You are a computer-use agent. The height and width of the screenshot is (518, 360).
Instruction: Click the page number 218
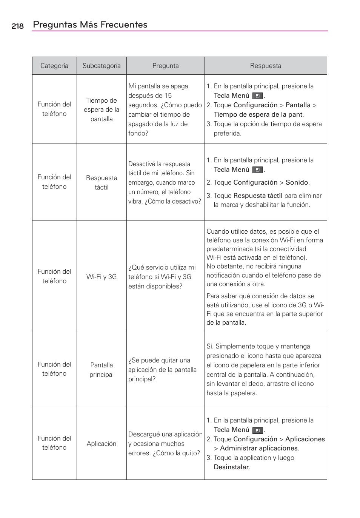[x=17, y=26]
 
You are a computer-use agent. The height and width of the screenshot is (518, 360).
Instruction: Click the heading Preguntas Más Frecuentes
[x=90, y=25]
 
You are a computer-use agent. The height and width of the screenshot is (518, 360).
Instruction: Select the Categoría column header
[x=54, y=66]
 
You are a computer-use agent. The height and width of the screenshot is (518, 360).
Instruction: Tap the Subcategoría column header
[x=102, y=66]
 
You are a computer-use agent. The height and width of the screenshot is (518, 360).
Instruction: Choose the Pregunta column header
[x=165, y=66]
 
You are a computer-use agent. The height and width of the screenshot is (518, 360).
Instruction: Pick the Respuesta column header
[x=265, y=66]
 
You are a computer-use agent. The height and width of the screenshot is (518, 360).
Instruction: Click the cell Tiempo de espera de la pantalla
[x=102, y=109]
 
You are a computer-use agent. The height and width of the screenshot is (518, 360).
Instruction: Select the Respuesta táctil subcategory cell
[x=102, y=182]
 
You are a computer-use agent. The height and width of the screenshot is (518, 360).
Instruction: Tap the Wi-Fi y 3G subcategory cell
[x=102, y=277]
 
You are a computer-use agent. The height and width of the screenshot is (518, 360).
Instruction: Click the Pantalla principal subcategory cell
[x=102, y=370]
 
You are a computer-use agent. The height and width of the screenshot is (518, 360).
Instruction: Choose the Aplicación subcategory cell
[x=102, y=444]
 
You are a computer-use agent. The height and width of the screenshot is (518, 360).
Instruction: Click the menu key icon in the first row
[x=257, y=96]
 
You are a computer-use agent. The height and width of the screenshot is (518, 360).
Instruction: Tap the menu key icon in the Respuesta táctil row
[x=257, y=170]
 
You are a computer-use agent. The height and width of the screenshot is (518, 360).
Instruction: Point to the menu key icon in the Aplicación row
[x=257, y=430]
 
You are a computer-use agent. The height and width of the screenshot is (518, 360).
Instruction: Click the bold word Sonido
[x=297, y=182]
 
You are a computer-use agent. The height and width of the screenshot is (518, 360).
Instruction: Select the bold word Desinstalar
[x=231, y=467]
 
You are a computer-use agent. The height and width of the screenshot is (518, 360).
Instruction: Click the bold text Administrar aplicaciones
[x=259, y=448]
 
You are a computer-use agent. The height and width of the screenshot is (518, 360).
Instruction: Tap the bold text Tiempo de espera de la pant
[x=258, y=114]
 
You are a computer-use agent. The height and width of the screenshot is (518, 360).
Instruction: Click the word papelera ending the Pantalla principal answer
[x=244, y=393]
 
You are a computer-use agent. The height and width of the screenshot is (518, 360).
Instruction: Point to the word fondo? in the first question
[x=138, y=133]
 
